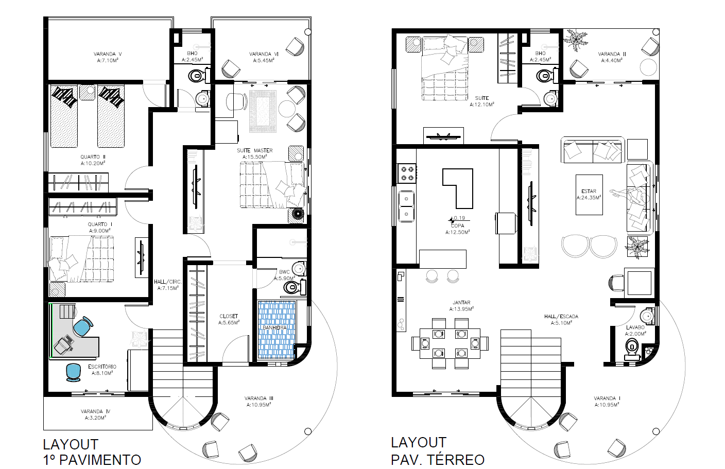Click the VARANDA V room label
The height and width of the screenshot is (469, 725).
[x=108, y=54]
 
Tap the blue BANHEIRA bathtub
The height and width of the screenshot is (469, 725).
[x=277, y=329]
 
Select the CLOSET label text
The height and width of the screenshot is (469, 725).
[x=229, y=316]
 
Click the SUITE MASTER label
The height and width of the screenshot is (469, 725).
[x=254, y=150]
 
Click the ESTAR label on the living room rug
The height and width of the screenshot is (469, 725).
[x=589, y=191]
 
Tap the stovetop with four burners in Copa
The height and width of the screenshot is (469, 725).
[x=407, y=173]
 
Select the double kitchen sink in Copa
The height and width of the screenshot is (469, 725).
[x=406, y=206]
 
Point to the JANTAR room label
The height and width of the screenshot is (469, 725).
[x=461, y=303]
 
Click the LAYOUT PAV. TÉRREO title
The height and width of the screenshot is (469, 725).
[x=437, y=451]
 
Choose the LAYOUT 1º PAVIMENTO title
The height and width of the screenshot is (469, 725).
[x=92, y=452]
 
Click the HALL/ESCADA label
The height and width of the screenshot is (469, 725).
[x=561, y=317]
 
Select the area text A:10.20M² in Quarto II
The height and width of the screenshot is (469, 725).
[x=93, y=163]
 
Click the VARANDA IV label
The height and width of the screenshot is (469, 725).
[x=95, y=411]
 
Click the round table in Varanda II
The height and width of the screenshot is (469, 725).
[x=648, y=67]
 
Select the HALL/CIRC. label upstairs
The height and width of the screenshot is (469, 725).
[x=168, y=282]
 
